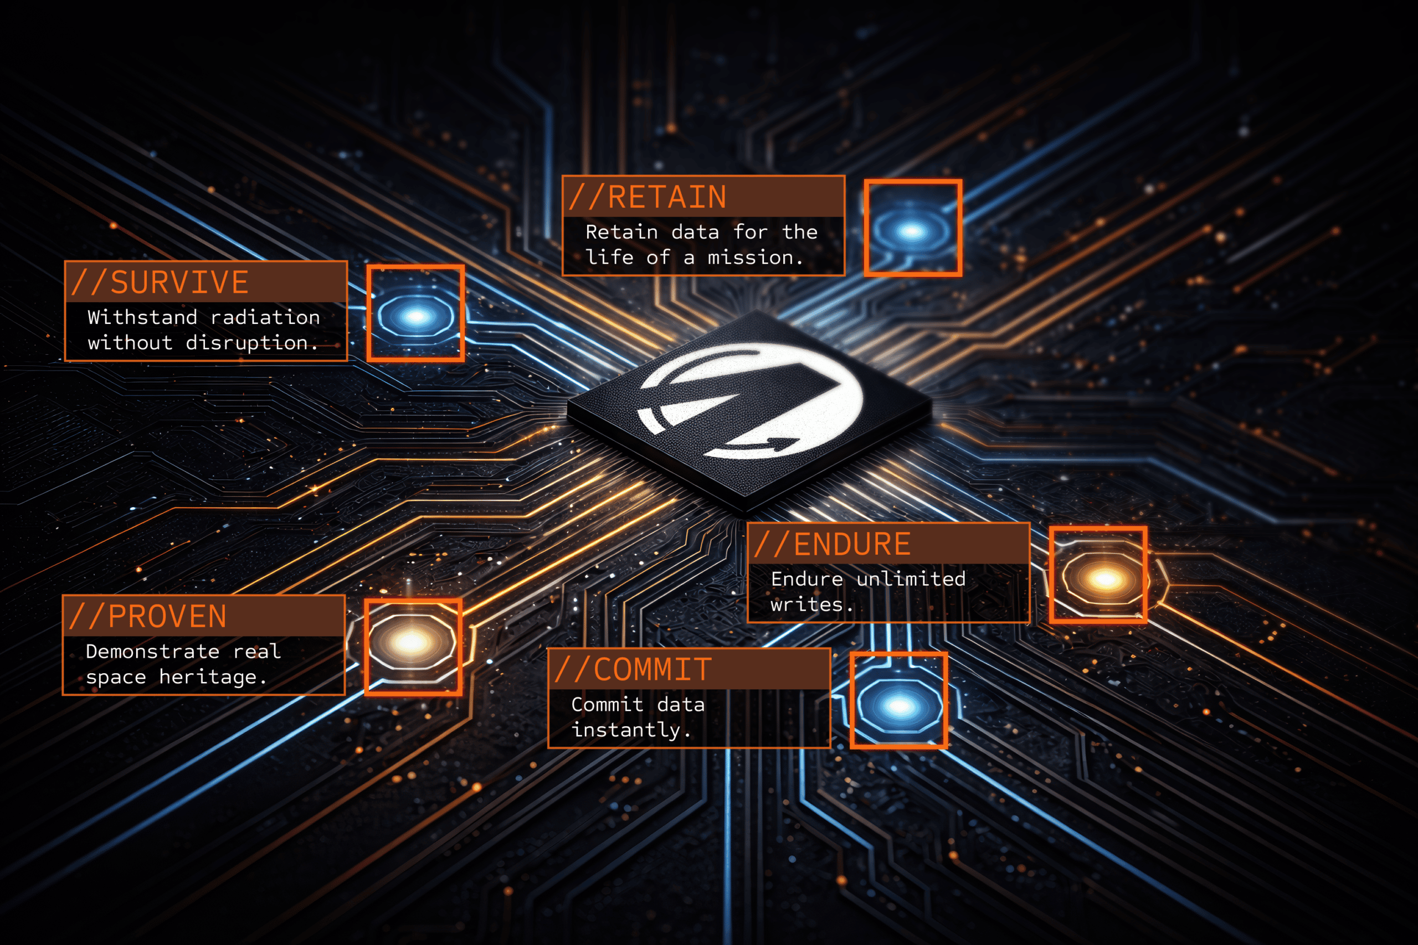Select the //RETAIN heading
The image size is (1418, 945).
tap(648, 197)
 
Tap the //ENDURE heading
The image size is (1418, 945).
tap(833, 544)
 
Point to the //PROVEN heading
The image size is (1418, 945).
tap(148, 617)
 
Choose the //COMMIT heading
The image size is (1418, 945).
tap(633, 669)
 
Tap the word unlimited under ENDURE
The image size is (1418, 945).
tap(911, 579)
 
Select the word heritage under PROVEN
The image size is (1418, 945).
tap(208, 677)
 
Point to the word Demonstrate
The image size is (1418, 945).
tap(152, 652)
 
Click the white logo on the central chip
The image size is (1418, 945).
tap(751, 401)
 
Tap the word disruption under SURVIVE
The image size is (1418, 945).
tap(247, 343)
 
